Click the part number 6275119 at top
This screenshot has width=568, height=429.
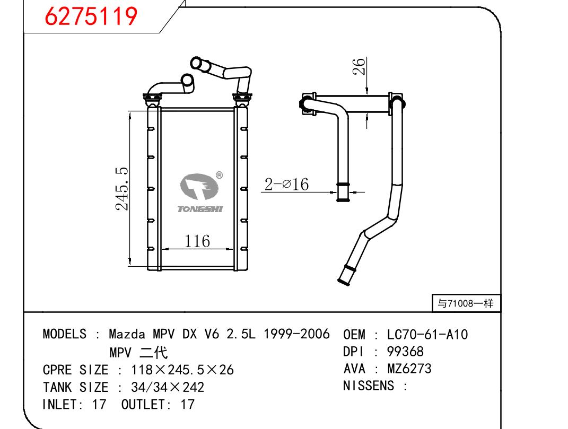pos(91,17)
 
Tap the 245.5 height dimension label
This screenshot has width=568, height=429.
pos(122,188)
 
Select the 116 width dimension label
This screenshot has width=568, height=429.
pos(197,241)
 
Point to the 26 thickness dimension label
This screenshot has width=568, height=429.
pos(360,66)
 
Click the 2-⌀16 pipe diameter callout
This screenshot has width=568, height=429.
pos(287,185)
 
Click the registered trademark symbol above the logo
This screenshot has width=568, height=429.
pos(219,175)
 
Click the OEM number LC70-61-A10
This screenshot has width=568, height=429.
pos(427,335)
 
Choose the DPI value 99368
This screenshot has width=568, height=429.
pos(406,352)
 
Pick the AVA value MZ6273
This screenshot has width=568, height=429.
pos(409,369)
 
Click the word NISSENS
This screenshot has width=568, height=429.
pos(369,386)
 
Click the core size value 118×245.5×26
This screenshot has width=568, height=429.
pos(174,370)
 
